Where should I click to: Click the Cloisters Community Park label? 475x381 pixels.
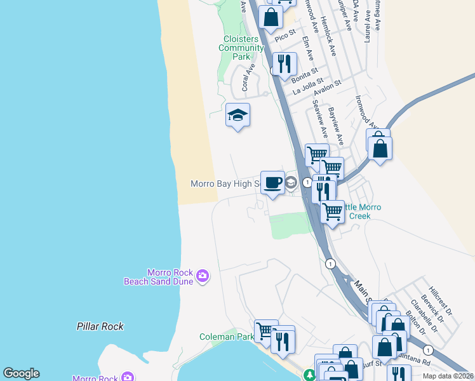[x=243, y=48]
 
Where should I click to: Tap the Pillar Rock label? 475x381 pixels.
[x=100, y=326]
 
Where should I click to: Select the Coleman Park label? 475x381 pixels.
[x=227, y=337]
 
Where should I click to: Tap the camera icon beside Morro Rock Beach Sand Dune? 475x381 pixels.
[x=203, y=276]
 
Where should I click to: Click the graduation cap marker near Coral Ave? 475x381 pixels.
[x=237, y=116]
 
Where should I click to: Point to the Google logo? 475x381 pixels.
[x=21, y=373]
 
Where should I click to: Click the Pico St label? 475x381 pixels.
[x=285, y=34]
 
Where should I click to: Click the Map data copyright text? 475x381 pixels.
[x=448, y=376]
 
